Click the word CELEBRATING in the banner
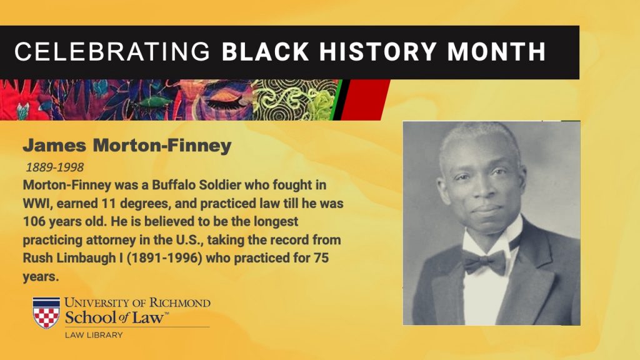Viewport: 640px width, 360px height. [112, 52]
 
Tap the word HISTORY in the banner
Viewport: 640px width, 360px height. [378, 52]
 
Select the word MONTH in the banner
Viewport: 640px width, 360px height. [496, 52]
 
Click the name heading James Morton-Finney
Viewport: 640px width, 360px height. [127, 145]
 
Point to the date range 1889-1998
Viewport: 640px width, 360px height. [55, 167]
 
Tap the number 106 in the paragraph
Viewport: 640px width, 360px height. [34, 221]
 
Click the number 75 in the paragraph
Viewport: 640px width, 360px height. [321, 258]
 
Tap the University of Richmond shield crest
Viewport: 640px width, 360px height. [46, 312]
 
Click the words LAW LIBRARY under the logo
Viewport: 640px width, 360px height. [94, 335]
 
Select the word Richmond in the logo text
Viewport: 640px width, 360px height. [179, 303]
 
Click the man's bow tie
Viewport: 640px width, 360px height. [484, 261]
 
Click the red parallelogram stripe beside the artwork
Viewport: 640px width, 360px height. [364, 100]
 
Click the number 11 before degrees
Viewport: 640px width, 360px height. [105, 203]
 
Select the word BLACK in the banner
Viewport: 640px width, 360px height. [265, 52]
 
